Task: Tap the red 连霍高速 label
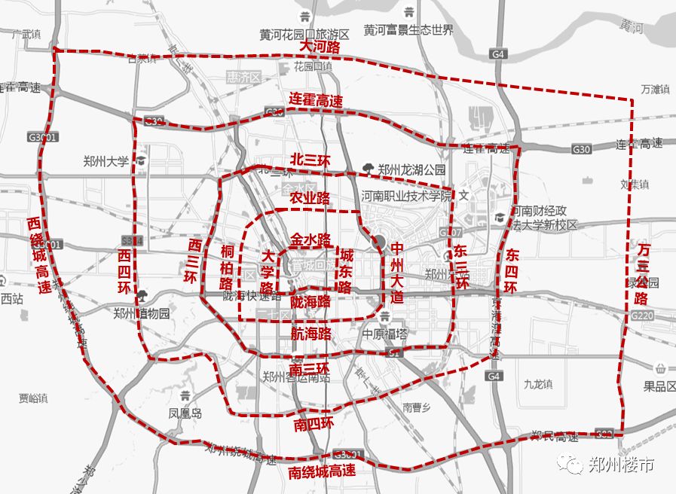tap(316, 100)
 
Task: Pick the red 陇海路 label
tap(310, 301)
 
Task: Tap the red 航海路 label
tap(310, 331)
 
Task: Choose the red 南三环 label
tap(309, 369)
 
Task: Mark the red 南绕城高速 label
tap(322, 472)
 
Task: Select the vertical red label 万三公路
tap(642, 273)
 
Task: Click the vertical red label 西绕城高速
tap(39, 256)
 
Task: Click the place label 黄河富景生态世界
tap(408, 30)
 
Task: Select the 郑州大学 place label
tap(106, 160)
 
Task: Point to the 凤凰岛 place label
tap(185, 413)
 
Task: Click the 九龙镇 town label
tap(538, 383)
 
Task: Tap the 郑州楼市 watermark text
tap(621, 464)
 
